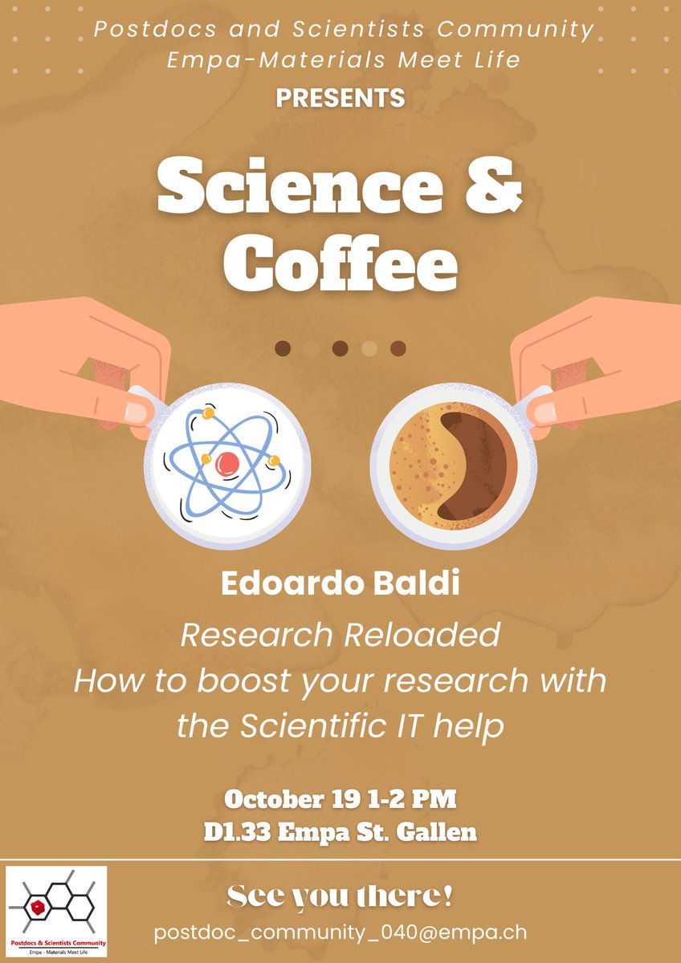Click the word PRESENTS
tap(340, 98)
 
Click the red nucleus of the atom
tap(228, 461)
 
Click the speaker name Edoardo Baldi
tap(340, 584)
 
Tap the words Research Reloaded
tap(340, 635)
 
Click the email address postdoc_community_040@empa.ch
tap(340, 933)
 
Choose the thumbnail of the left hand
tap(136, 412)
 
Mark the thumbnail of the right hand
tap(546, 412)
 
